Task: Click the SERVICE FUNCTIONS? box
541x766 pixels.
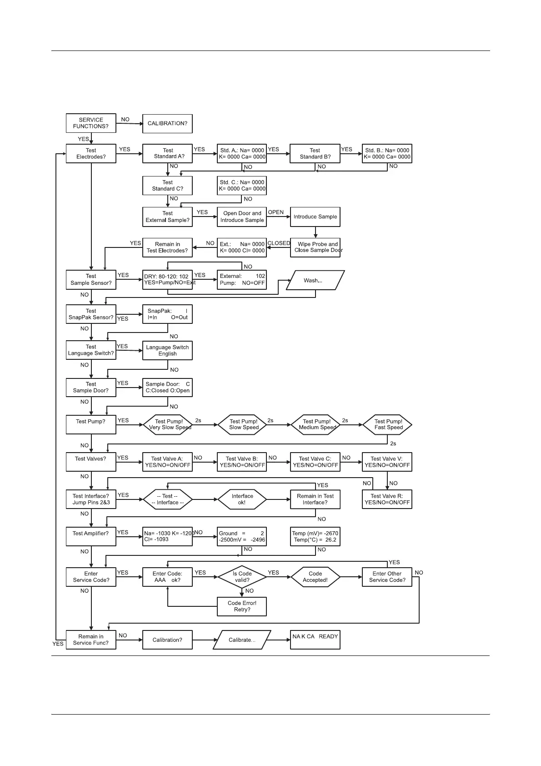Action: click(x=91, y=123)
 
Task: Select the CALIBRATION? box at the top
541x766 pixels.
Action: click(x=167, y=124)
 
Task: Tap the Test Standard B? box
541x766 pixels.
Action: click(x=315, y=154)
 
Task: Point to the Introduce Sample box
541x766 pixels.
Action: click(x=315, y=217)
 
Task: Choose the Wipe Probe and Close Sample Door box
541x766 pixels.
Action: click(x=315, y=247)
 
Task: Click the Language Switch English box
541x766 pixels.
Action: click(x=167, y=351)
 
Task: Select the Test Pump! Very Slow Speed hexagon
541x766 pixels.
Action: click(x=167, y=425)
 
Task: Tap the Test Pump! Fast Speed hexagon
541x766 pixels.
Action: click(x=387, y=425)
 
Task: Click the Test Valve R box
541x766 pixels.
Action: click(x=387, y=499)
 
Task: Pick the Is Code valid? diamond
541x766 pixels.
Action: click(x=242, y=577)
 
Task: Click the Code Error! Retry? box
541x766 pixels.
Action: click(x=242, y=606)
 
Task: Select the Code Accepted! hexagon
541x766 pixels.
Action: click(x=315, y=577)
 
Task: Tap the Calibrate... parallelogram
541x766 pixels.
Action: click(x=242, y=640)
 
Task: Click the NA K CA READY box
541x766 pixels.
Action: click(x=315, y=640)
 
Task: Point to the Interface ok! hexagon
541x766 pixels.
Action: click(x=242, y=499)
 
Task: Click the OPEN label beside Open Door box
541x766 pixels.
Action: click(x=276, y=212)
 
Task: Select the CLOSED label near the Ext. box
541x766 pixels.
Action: click(x=279, y=243)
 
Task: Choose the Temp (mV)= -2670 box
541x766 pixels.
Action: click(x=315, y=537)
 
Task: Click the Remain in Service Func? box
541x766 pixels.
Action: click(x=91, y=640)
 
